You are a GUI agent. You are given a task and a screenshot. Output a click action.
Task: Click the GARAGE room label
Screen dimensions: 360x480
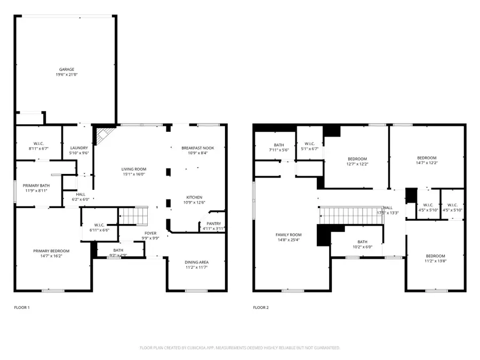click(x=67, y=69)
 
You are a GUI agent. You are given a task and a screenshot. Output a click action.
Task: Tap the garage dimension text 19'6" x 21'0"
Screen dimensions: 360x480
click(x=67, y=75)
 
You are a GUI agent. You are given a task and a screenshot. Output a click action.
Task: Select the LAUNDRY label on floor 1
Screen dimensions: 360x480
click(x=79, y=148)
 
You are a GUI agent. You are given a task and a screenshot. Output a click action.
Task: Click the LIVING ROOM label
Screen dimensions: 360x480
click(x=133, y=169)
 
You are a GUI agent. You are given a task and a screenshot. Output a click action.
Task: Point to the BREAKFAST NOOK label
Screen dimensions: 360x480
click(x=194, y=148)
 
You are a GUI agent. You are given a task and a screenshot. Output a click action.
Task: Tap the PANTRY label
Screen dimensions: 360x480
click(x=213, y=223)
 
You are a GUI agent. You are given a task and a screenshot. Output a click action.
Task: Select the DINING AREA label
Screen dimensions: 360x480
click(x=196, y=262)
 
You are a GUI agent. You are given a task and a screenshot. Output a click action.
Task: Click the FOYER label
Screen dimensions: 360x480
click(x=150, y=233)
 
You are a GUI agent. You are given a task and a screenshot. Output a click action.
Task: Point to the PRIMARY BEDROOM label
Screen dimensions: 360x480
click(x=51, y=251)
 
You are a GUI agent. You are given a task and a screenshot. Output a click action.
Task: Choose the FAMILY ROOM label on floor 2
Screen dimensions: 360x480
click(x=289, y=235)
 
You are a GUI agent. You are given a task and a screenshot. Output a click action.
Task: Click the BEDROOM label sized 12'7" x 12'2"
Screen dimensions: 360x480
click(x=357, y=159)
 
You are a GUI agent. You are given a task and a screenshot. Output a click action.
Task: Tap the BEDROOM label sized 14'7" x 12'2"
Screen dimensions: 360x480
click(x=427, y=158)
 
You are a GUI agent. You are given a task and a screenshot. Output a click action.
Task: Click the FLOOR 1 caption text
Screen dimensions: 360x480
click(x=22, y=308)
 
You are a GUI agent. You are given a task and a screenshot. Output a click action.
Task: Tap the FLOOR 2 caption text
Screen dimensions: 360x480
click(x=261, y=308)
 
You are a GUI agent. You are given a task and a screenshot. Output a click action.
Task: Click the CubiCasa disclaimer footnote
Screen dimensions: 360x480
click(x=239, y=348)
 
